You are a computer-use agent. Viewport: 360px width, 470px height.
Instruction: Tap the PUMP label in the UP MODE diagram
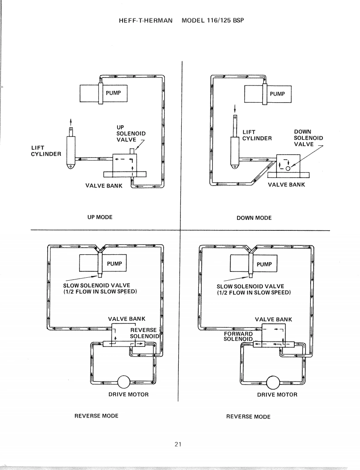113,93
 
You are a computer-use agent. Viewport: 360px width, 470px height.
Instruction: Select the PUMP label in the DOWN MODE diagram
278,94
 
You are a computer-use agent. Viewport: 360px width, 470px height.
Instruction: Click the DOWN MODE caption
254,218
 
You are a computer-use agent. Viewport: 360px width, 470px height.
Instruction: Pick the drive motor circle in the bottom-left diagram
124,383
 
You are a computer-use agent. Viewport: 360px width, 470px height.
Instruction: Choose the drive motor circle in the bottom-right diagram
273,382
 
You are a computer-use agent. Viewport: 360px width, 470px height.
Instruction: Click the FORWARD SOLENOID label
239,336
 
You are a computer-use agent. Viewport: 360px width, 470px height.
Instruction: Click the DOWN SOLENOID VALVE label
308,138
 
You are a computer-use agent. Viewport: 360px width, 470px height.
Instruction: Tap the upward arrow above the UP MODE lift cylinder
71,121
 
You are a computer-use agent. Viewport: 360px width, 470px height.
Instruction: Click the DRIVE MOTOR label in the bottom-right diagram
277,395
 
